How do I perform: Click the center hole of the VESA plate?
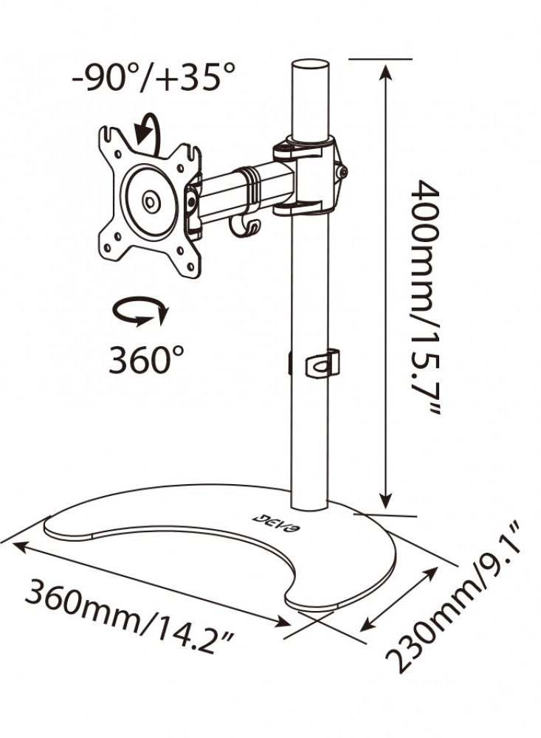(x=150, y=199)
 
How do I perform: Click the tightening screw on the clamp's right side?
(x=342, y=171)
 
